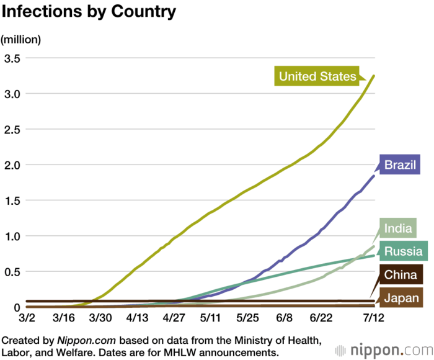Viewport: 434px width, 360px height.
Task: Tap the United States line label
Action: click(317, 76)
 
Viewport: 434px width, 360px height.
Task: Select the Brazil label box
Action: click(401, 165)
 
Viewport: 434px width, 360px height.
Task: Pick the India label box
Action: click(397, 228)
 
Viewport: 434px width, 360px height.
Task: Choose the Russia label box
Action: click(403, 251)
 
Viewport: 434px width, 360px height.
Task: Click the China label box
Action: click(400, 275)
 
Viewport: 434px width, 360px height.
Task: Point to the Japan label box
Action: click(400, 299)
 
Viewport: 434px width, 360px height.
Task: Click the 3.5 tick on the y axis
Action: click(12, 58)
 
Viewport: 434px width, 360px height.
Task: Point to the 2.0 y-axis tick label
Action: click(12, 165)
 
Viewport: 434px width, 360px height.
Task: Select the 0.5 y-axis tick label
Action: click(12, 272)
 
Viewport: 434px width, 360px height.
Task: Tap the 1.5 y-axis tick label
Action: click(12, 200)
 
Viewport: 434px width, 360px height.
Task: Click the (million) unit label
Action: click(20, 39)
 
